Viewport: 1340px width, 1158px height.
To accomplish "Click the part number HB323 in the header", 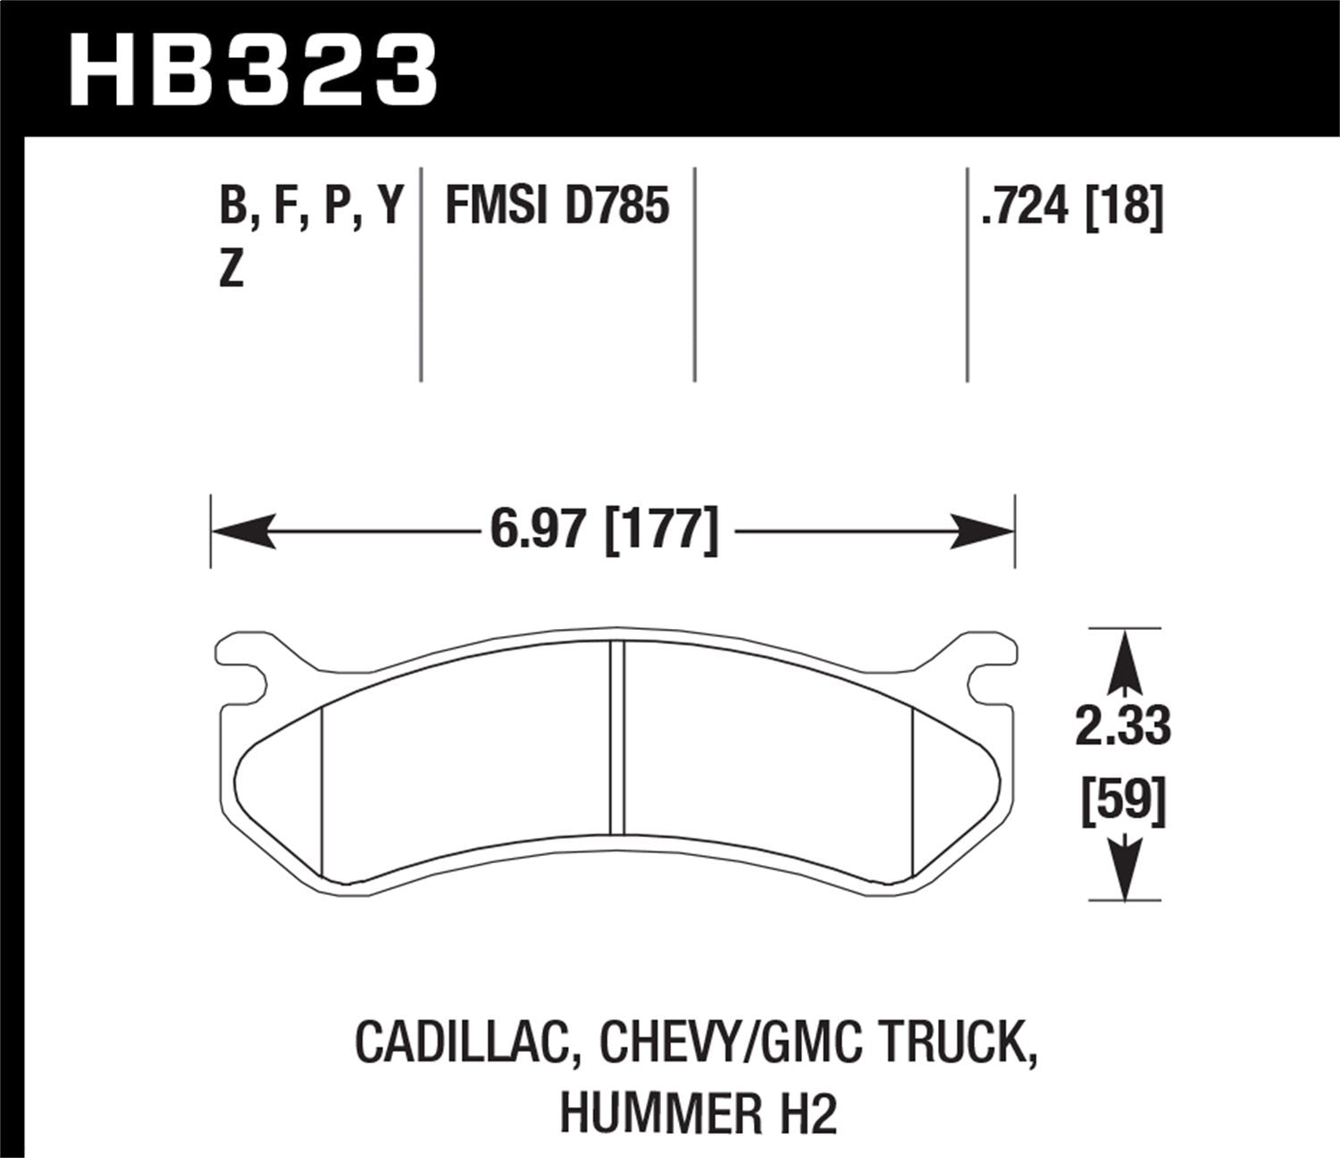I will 253,70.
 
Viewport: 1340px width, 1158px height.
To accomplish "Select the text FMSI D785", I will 557,207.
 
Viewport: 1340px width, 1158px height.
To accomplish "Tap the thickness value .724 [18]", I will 1071,207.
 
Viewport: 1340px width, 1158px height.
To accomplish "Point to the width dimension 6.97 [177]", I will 604,531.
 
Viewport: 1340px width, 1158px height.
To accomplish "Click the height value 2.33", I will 1123,727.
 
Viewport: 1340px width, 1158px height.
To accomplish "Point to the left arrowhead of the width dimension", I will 241,532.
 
